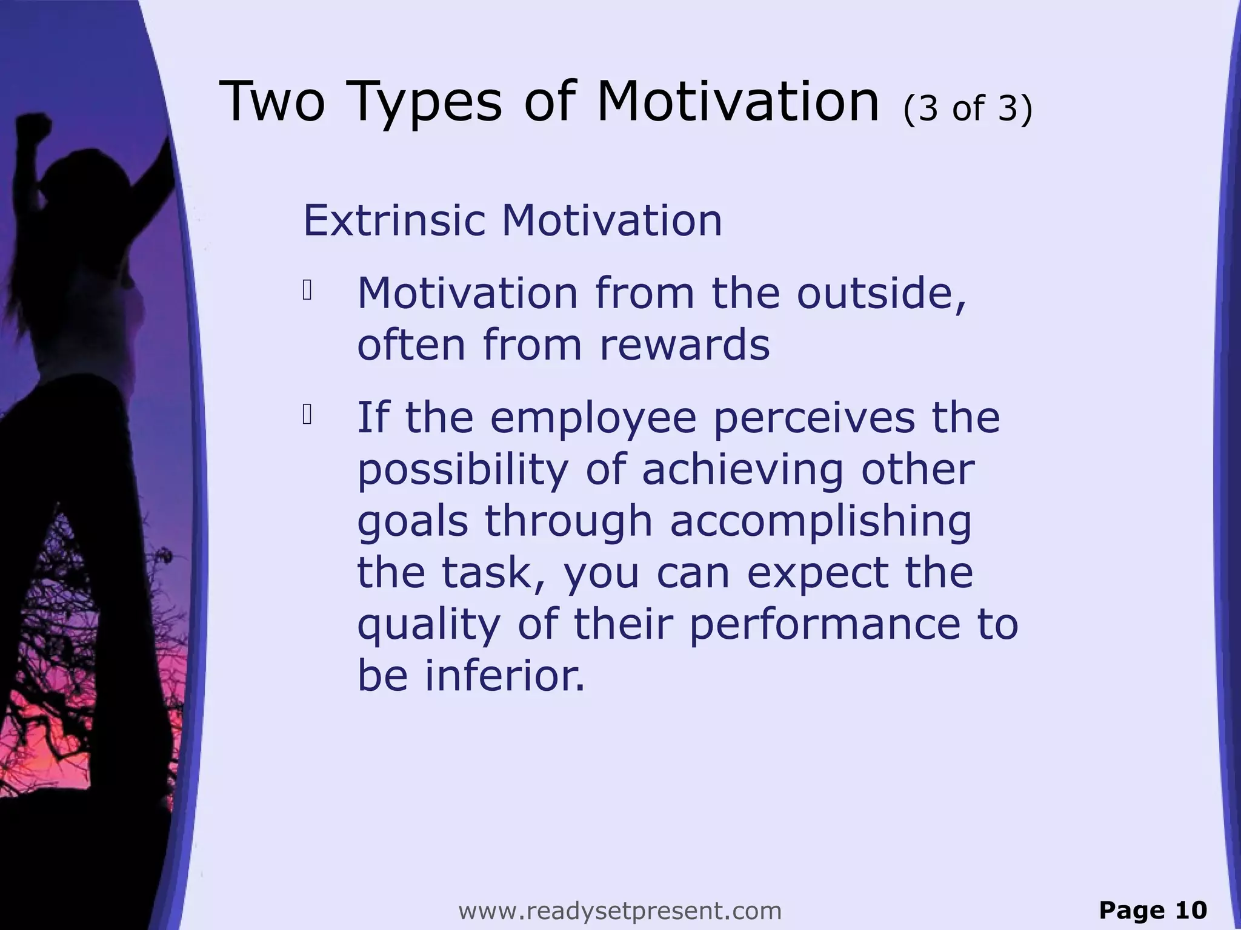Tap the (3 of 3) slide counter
tap(968, 109)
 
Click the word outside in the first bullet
tap(881, 294)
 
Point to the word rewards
tap(685, 345)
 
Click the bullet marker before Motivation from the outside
tap(307, 291)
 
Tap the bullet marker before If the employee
tap(307, 415)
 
